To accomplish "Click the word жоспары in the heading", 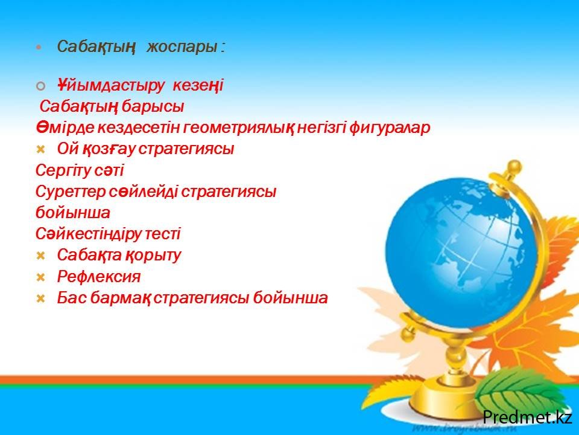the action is pyautogui.click(x=182, y=47).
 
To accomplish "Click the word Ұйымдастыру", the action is pyautogui.click(x=110, y=86).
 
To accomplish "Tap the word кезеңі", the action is pyautogui.click(x=198, y=86).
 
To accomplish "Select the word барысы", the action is pyautogui.click(x=153, y=106).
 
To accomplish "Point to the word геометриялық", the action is pyautogui.click(x=239, y=128).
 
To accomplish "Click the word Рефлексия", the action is pyautogui.click(x=98, y=277).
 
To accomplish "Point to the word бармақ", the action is pyautogui.click(x=120, y=298).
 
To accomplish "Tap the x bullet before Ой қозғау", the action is pyautogui.click(x=40, y=149).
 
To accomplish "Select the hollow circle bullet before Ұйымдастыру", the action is pyautogui.click(x=40, y=86).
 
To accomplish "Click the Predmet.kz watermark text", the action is pyautogui.click(x=527, y=417).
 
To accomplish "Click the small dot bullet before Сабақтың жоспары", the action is pyautogui.click(x=39, y=48).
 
